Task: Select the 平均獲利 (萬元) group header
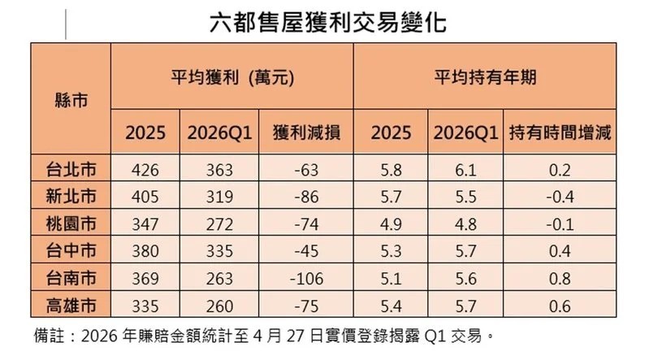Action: point(231,78)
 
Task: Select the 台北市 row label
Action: point(70,171)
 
